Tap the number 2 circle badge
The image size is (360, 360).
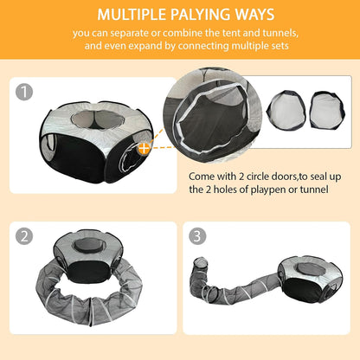click(28, 235)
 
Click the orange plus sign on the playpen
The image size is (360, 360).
click(145, 148)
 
